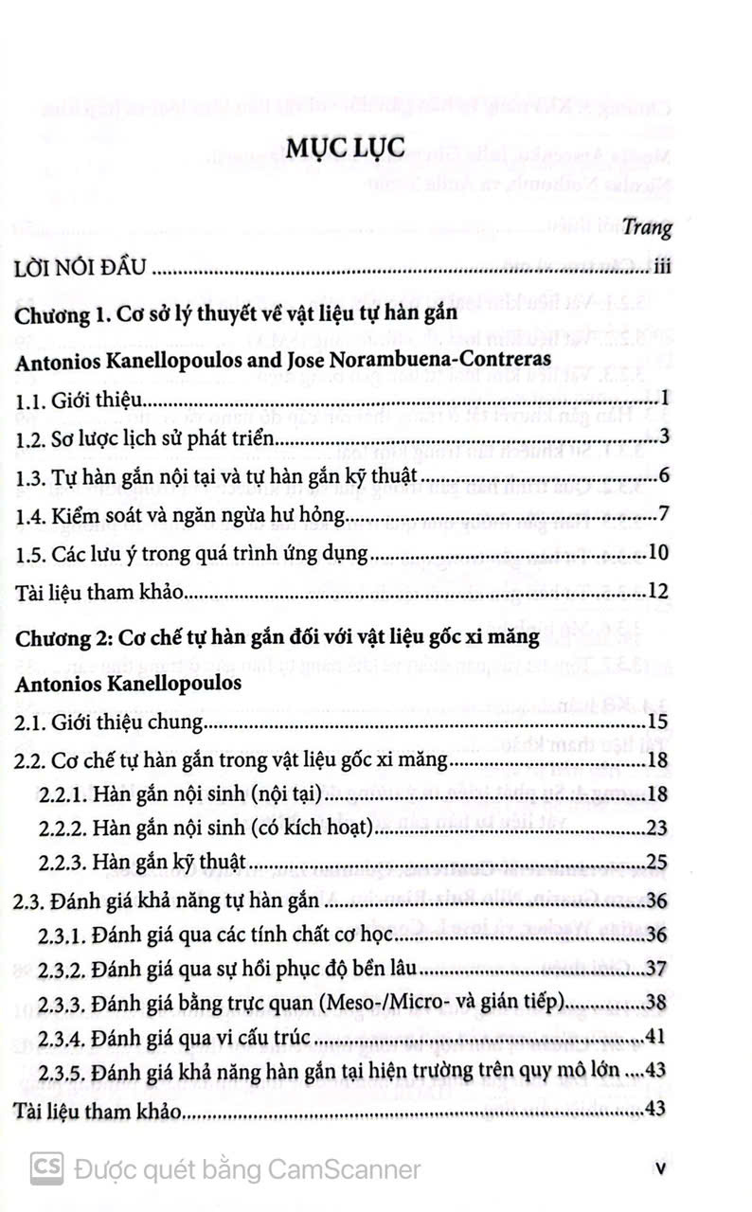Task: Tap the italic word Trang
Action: coord(651,228)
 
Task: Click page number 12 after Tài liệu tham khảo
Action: coord(660,595)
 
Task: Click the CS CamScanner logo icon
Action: coord(46,1169)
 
